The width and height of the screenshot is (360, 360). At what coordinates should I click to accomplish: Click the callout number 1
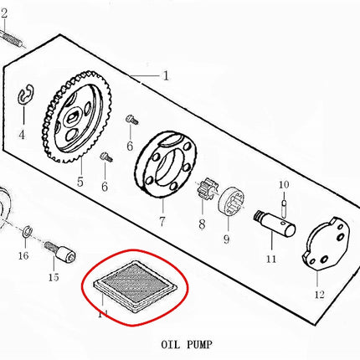pos(166,75)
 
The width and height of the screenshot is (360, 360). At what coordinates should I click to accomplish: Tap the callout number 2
pos(4,13)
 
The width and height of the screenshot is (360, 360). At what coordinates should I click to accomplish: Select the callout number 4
pos(22,135)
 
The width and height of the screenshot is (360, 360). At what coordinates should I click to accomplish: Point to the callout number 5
pos(80,182)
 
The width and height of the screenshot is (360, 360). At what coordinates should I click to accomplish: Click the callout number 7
pos(162,221)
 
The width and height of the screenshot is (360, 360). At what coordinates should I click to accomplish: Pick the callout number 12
pos(320,294)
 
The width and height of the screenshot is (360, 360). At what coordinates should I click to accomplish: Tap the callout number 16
pos(23,255)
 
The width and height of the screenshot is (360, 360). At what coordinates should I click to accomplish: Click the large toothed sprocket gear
pos(76,117)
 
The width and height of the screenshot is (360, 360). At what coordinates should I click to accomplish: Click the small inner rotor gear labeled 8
pos(205,189)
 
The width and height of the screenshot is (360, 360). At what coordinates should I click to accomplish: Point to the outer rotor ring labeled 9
pos(231,202)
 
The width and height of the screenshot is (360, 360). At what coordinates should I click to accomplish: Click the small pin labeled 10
pos(284,208)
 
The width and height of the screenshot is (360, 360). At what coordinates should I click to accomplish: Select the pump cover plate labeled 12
pos(326,244)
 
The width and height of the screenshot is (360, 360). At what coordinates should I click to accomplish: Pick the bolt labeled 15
pos(60,251)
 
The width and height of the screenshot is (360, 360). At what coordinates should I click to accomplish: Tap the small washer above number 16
pos(28,231)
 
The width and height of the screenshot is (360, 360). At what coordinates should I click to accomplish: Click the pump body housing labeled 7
pos(166,164)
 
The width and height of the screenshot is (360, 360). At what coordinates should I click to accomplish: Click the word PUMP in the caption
pos(199,345)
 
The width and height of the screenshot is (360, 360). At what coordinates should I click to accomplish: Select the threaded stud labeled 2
pos(12,38)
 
